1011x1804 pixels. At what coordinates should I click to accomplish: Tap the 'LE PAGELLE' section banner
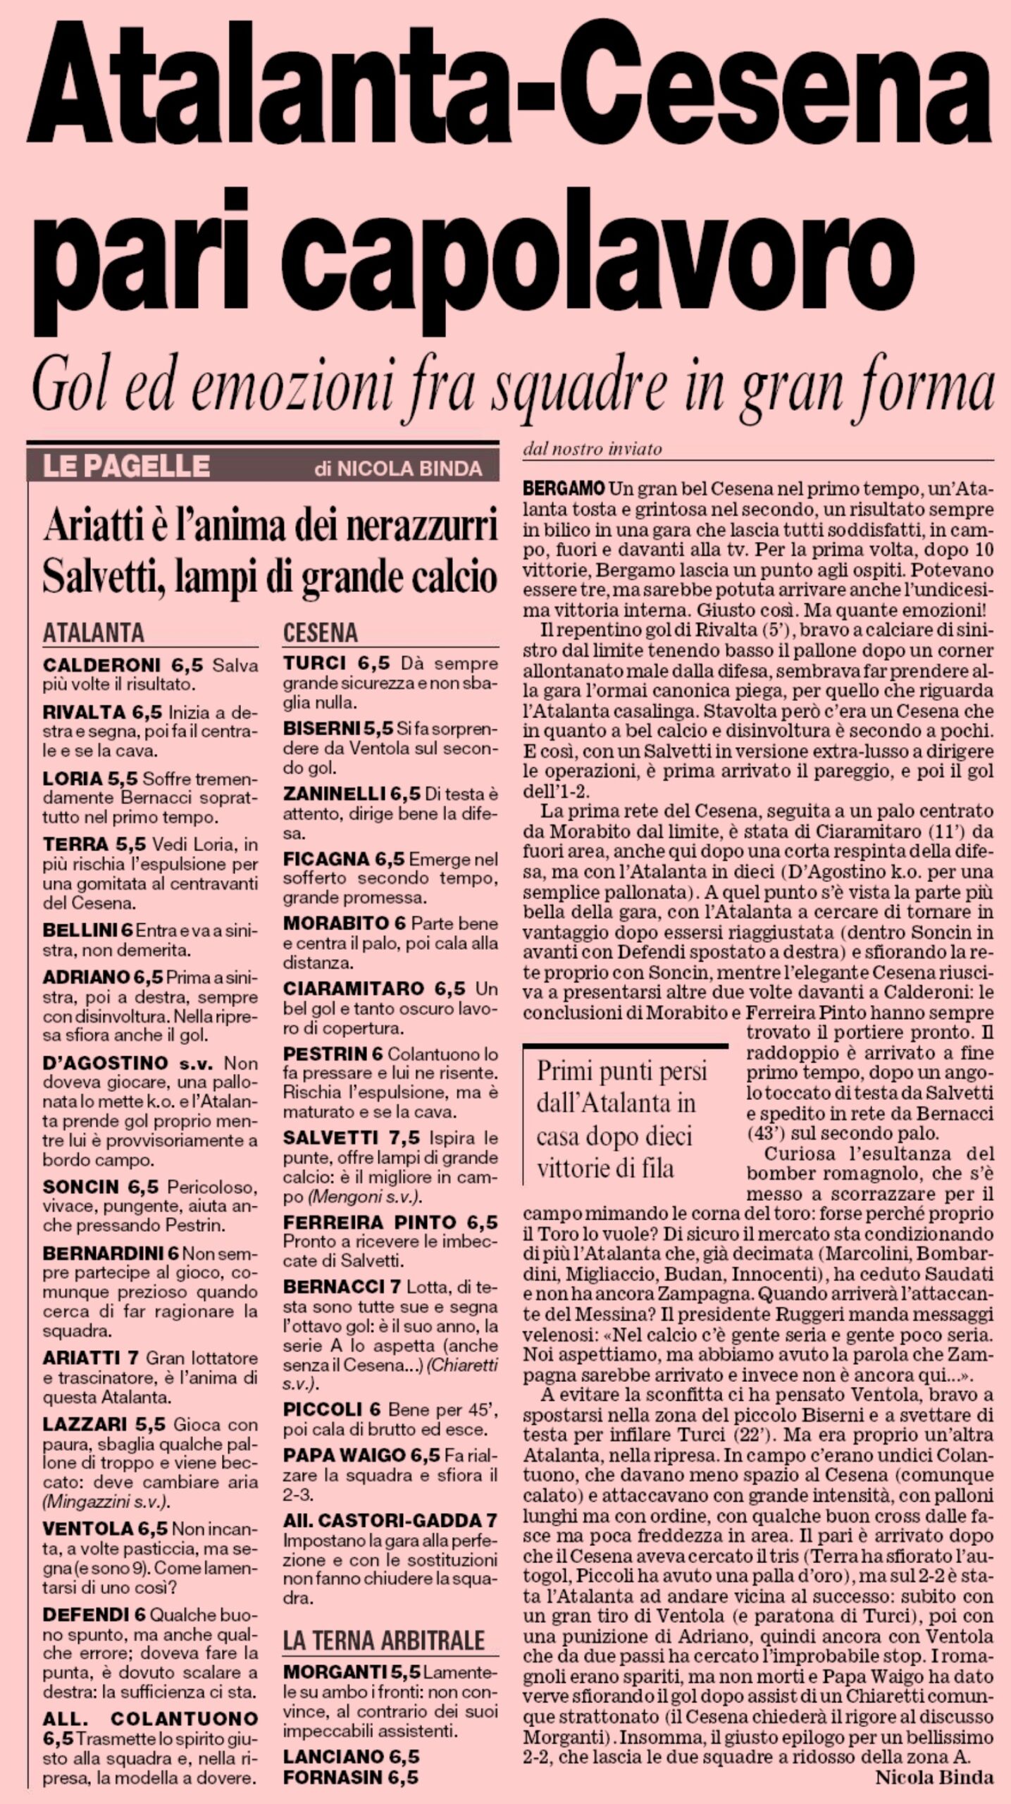click(126, 466)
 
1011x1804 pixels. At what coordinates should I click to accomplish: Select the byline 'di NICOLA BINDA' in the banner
click(398, 468)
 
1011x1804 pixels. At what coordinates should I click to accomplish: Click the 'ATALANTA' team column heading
click(94, 631)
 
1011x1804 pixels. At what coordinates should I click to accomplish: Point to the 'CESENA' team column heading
click(321, 632)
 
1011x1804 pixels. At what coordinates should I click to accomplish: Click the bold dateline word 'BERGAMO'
click(564, 488)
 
